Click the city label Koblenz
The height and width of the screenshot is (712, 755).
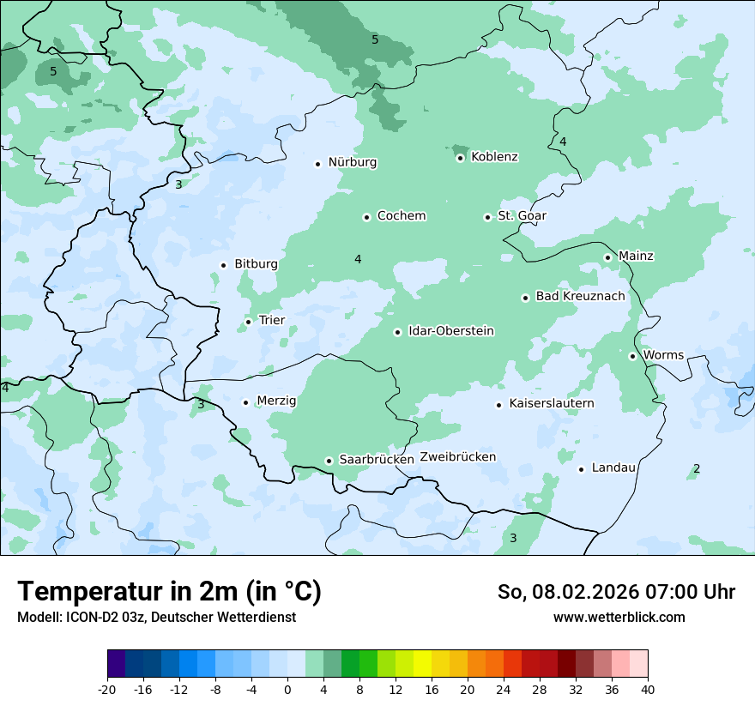[x=494, y=157]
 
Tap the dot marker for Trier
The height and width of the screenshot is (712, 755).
[x=248, y=322]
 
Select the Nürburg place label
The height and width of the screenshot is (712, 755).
[x=352, y=162]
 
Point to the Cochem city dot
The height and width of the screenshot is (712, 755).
[x=366, y=217]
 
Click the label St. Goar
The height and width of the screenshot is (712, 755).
[x=522, y=215]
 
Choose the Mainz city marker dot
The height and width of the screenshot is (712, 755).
[x=607, y=257]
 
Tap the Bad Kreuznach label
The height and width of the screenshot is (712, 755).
[x=580, y=296]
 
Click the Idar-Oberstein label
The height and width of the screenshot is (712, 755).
[x=450, y=331]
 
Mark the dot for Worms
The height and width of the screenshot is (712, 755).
[x=632, y=356]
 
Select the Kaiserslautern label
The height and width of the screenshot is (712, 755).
[x=551, y=403]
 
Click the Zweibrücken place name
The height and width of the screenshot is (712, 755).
[x=457, y=457]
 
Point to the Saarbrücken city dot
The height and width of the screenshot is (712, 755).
[x=329, y=461]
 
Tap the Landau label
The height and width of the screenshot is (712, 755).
[x=613, y=468]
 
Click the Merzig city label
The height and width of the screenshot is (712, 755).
[x=276, y=401]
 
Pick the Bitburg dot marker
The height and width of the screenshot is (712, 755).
[x=223, y=265]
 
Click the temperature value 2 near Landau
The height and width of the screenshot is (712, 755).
[x=696, y=468]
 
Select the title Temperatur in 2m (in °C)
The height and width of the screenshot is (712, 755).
[x=169, y=592]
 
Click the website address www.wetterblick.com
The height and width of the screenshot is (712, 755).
[x=619, y=617]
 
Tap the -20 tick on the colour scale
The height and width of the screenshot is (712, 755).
[x=107, y=689]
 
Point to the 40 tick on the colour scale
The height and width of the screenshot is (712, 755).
[x=648, y=689]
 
